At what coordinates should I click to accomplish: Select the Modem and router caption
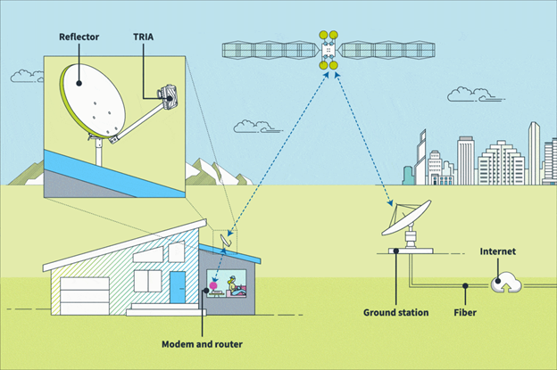coord(202,343)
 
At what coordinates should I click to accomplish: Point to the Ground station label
coord(395,313)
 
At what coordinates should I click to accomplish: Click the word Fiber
coord(464,313)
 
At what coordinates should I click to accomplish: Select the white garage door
coord(84,295)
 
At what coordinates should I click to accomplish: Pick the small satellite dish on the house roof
coord(227,238)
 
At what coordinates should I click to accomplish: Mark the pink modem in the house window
coord(214,287)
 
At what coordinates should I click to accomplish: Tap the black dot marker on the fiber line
coord(464,287)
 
